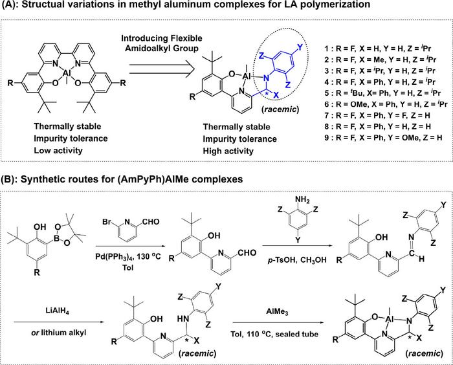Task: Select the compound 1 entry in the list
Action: (382, 49)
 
